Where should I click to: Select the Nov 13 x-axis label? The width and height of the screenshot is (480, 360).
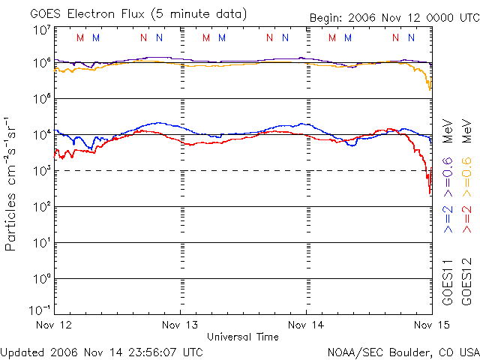[x=181, y=325]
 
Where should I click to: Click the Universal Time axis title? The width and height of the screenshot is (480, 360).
[x=242, y=337]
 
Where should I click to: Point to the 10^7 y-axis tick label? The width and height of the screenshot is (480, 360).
[x=41, y=31]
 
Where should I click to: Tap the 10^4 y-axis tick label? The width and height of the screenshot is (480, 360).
[x=41, y=134]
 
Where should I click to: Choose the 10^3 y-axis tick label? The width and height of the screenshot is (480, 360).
[x=41, y=170]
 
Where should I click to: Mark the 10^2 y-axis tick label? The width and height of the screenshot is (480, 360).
[x=41, y=206]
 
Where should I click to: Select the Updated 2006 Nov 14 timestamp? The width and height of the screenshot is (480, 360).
[x=101, y=351]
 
